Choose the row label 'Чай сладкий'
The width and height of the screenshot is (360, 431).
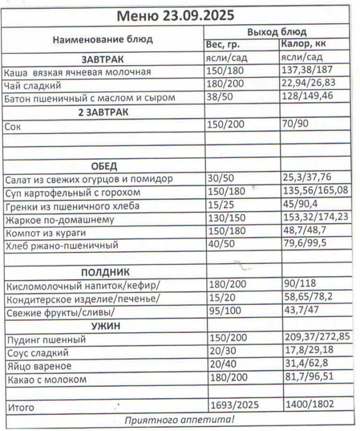click(32, 85)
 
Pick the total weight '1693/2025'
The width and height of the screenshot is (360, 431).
click(233, 405)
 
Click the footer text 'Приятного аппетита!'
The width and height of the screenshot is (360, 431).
click(179, 420)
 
